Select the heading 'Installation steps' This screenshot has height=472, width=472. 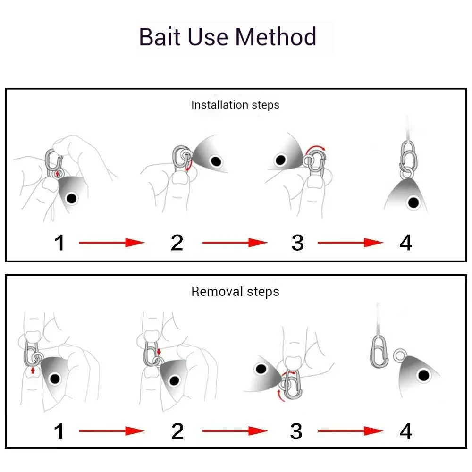(x=235, y=105)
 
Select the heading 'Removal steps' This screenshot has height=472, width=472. (x=235, y=292)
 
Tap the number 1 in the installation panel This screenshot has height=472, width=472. (x=59, y=243)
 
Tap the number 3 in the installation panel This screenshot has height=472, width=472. (x=297, y=243)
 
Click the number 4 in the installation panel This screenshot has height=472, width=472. (x=406, y=243)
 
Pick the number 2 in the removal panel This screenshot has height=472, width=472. (x=177, y=431)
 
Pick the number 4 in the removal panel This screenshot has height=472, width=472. (x=406, y=431)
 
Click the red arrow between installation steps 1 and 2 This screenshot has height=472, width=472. (x=111, y=243)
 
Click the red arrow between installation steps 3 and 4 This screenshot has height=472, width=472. (x=350, y=243)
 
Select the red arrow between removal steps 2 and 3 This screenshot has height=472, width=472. (x=235, y=431)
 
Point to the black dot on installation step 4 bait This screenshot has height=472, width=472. (x=413, y=203)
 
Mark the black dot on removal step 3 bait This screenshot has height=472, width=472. (x=260, y=369)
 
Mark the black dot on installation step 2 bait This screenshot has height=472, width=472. (x=216, y=162)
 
